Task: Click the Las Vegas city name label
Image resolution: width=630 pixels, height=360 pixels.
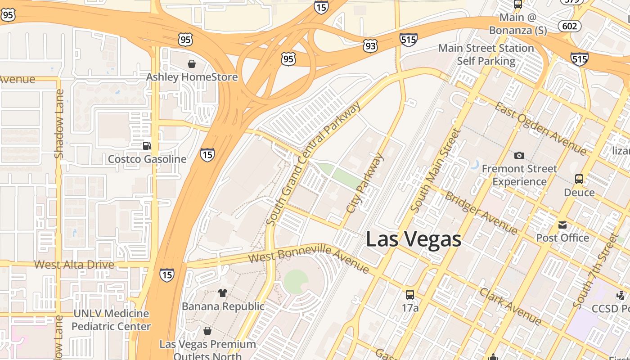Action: click(413, 238)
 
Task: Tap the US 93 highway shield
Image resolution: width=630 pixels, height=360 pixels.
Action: click(371, 45)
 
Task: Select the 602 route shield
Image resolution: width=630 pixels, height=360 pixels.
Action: click(569, 26)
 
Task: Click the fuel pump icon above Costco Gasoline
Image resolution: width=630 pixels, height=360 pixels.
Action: click(147, 146)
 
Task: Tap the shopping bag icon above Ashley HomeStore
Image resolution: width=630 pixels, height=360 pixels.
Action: click(192, 64)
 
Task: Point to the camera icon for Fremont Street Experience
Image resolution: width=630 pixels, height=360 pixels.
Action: click(519, 155)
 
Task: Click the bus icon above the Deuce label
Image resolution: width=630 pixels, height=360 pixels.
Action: click(579, 179)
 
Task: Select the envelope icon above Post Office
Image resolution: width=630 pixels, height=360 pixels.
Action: click(562, 225)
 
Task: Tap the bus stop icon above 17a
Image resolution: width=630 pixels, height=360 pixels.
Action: click(410, 295)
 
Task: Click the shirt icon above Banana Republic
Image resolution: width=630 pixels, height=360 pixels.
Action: click(223, 293)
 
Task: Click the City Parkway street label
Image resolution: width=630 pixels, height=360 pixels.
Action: click(365, 182)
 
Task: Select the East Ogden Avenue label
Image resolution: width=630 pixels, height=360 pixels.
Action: click(540, 128)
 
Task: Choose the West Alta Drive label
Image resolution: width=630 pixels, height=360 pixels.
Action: click(74, 264)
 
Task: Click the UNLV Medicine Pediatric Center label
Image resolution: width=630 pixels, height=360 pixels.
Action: click(111, 320)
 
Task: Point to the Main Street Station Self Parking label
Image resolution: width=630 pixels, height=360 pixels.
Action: click(486, 54)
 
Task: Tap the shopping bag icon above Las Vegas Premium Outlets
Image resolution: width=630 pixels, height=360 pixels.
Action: click(207, 331)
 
